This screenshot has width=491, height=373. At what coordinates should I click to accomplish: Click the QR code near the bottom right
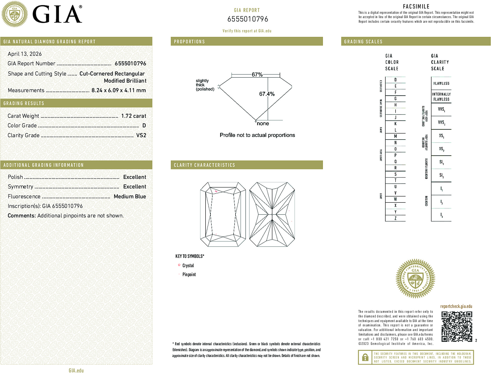456,326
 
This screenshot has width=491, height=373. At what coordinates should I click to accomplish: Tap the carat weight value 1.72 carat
133,116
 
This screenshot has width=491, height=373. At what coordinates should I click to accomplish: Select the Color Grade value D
144,126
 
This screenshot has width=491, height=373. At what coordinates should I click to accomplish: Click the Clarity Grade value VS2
141,135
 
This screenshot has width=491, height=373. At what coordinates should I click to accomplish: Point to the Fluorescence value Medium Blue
130,196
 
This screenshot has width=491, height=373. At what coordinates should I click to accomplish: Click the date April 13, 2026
25,54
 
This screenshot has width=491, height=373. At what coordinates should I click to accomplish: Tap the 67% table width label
257,74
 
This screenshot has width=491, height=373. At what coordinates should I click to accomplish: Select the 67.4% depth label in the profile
267,94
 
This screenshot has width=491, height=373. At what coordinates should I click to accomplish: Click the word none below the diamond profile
263,124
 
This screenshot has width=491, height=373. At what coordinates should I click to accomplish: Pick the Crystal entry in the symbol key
188,265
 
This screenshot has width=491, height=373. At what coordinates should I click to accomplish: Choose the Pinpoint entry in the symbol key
189,274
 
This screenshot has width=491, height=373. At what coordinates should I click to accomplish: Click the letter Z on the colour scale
395,218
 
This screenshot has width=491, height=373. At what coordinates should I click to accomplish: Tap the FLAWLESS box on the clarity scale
441,83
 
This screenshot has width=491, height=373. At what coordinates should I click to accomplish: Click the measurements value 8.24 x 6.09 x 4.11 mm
118,90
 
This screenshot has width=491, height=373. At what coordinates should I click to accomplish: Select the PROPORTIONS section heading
189,42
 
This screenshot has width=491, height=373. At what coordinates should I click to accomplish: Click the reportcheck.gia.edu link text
456,306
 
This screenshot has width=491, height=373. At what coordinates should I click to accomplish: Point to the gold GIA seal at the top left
14,14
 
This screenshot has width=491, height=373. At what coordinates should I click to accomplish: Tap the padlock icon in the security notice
365,357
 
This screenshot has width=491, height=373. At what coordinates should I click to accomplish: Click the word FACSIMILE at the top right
416,7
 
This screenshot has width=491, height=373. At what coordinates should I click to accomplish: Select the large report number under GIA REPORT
247,19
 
